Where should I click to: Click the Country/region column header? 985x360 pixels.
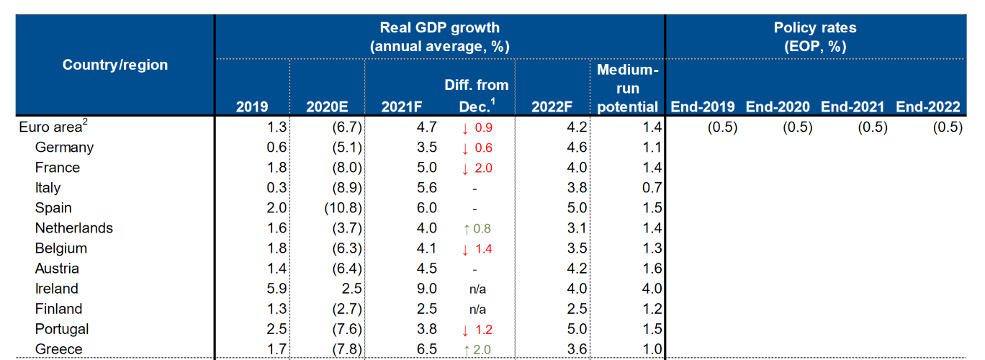[x=115, y=65]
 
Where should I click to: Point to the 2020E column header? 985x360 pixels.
[x=327, y=107]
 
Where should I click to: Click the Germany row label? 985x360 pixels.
[x=64, y=148]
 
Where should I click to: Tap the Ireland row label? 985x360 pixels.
[x=57, y=289]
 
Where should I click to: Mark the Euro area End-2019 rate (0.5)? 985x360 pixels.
[x=721, y=127]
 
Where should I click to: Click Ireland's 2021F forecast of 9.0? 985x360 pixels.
[x=426, y=289]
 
